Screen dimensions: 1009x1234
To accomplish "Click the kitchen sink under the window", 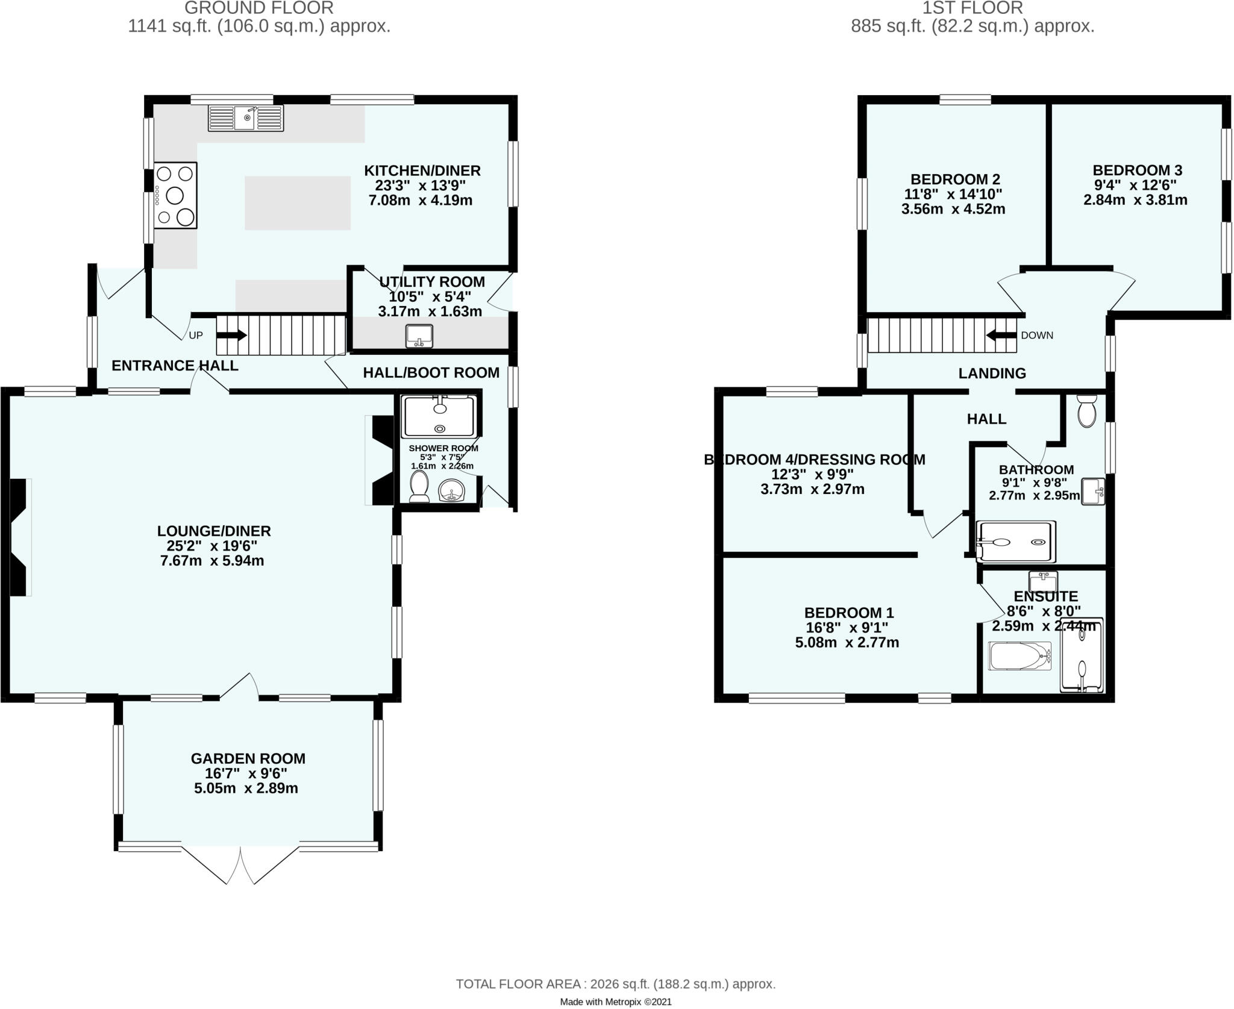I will (245, 118).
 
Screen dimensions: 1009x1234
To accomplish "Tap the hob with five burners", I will (175, 195).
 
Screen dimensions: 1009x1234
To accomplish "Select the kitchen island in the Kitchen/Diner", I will (297, 203).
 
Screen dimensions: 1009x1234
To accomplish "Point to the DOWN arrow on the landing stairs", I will (1001, 335).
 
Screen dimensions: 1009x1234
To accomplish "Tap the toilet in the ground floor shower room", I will (419, 486).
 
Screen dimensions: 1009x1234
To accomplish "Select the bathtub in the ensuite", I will (1019, 656).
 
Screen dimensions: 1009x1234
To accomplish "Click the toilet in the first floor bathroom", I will (1086, 411).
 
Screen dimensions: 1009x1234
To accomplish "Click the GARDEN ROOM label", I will (248, 758).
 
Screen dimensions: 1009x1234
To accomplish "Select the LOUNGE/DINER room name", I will (214, 531).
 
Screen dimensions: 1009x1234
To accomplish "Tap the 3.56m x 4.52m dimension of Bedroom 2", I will (953, 209).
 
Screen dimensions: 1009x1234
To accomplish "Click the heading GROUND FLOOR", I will (258, 8).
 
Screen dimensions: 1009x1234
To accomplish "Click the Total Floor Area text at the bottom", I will (615, 984).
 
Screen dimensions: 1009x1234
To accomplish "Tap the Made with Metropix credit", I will (615, 1002).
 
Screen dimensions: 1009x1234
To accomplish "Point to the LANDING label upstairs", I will (992, 373).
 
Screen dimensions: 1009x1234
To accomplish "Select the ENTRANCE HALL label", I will (175, 366).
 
